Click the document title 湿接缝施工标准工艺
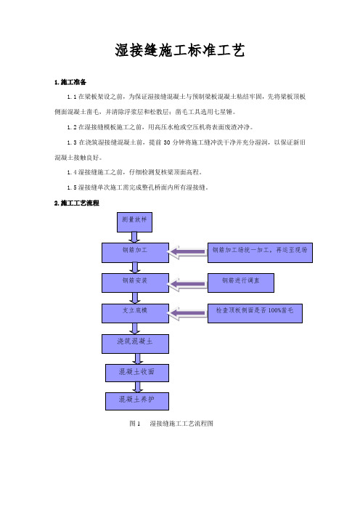(x=180, y=50)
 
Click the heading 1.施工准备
(x=70, y=82)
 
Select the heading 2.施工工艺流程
(x=77, y=203)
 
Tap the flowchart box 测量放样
(x=134, y=222)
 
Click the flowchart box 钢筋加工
(x=135, y=253)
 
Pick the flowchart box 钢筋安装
(x=135, y=283)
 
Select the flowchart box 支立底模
(x=135, y=313)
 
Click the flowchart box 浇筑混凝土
(x=135, y=344)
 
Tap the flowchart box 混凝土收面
(x=137, y=373)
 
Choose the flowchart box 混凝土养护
(x=137, y=401)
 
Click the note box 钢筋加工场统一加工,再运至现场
(x=260, y=253)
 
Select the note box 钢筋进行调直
(x=241, y=283)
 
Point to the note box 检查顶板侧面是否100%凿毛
(x=255, y=313)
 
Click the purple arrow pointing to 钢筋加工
(x=187, y=252)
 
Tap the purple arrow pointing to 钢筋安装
(x=187, y=284)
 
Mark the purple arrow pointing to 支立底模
(x=187, y=314)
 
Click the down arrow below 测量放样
(x=134, y=237)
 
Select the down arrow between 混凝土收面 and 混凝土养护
(x=137, y=387)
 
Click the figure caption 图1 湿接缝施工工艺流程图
(x=171, y=424)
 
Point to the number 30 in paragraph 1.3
(x=167, y=142)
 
